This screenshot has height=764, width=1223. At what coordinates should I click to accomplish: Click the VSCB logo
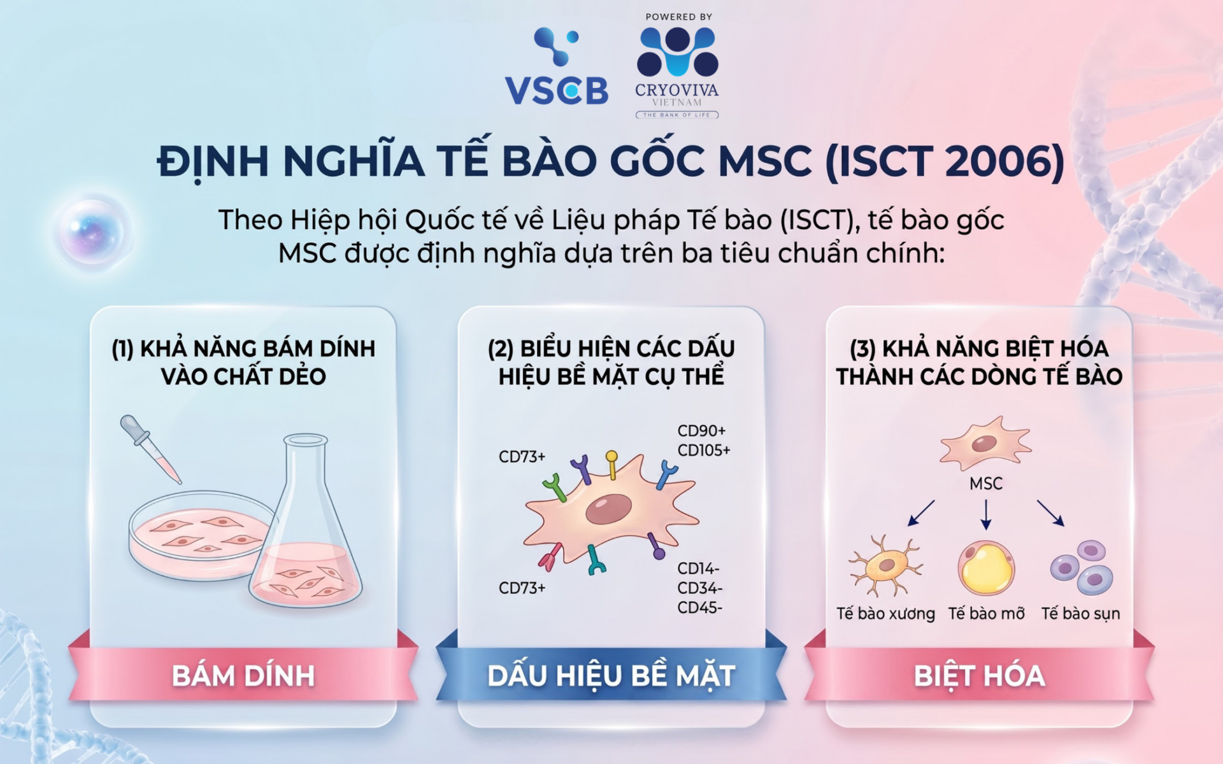(x=557, y=66)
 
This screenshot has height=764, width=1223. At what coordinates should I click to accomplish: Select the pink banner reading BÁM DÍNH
(x=243, y=675)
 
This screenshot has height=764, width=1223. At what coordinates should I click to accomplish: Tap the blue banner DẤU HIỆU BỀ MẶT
(x=611, y=675)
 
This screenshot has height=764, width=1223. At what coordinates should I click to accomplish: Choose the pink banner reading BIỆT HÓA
(x=979, y=675)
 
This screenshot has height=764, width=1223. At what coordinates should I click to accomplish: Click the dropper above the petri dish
(x=150, y=449)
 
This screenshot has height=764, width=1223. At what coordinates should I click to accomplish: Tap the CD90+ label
(x=701, y=431)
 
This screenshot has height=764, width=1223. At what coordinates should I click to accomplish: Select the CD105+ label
(x=704, y=451)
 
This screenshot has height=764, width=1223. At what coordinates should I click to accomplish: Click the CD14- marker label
(x=698, y=568)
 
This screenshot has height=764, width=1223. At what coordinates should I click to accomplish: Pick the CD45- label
(x=699, y=607)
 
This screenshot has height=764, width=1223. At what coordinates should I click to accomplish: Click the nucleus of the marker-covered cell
(x=608, y=510)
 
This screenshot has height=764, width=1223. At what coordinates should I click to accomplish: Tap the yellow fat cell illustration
(x=986, y=568)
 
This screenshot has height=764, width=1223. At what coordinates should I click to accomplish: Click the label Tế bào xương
(x=885, y=614)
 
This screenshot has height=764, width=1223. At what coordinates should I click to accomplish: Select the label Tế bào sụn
(x=1080, y=614)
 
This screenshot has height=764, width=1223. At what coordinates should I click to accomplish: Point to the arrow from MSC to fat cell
(x=986, y=514)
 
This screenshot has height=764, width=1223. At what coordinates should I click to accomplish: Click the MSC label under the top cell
(x=986, y=484)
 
